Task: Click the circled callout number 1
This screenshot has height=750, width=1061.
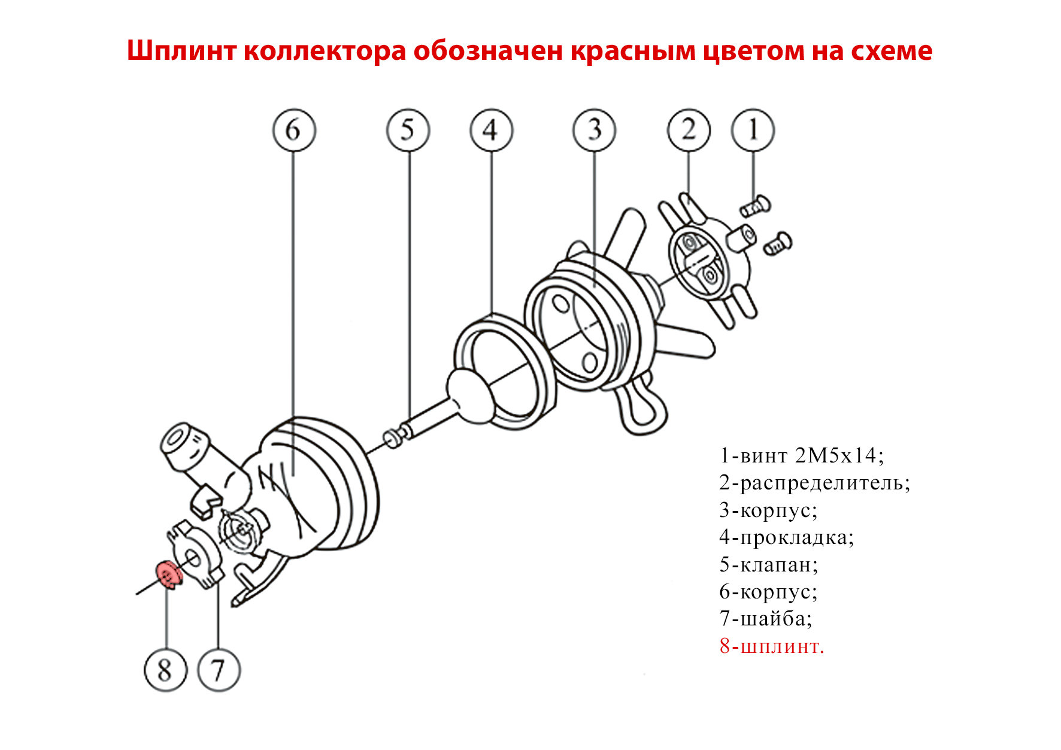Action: coord(753,130)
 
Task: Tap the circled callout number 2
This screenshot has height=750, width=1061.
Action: coord(689,130)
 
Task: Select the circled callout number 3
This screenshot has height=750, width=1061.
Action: coord(595,130)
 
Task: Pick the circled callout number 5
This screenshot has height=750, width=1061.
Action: coord(408,130)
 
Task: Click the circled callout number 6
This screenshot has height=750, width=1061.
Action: coord(293,130)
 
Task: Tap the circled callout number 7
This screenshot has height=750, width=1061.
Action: coord(219,670)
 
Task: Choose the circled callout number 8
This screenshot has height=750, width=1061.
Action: coord(165,670)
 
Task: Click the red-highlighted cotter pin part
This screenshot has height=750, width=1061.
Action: coord(169,575)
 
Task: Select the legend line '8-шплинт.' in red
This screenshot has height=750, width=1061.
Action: coord(772,646)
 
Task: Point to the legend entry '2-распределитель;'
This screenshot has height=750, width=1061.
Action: coord(815,483)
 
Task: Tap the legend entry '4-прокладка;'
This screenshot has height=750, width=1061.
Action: coord(787,537)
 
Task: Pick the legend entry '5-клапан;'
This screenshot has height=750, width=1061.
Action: coord(769,565)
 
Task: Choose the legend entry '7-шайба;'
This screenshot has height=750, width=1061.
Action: coord(766,619)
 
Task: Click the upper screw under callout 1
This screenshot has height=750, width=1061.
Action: coord(755,207)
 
